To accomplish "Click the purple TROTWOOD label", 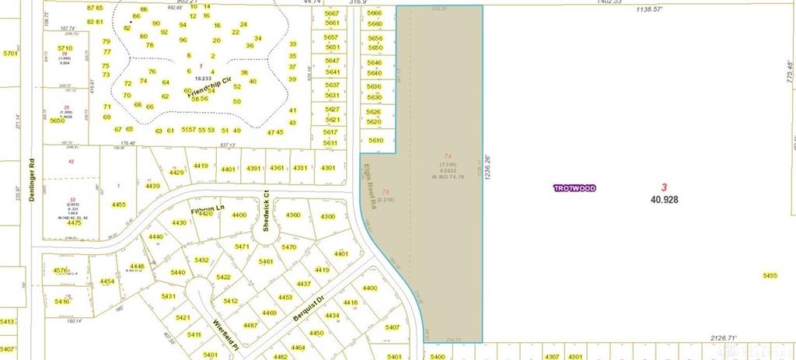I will click(574, 188).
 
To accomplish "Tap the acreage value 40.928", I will click(664, 200).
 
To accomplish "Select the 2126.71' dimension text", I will click(724, 338).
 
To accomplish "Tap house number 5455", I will click(770, 275).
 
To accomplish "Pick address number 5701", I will click(10, 54).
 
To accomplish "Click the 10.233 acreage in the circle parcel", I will click(203, 79).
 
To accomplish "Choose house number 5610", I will click(376, 140).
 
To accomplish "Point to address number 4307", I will click(552, 356).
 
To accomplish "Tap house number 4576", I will click(60, 271).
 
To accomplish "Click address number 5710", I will click(65, 48).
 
